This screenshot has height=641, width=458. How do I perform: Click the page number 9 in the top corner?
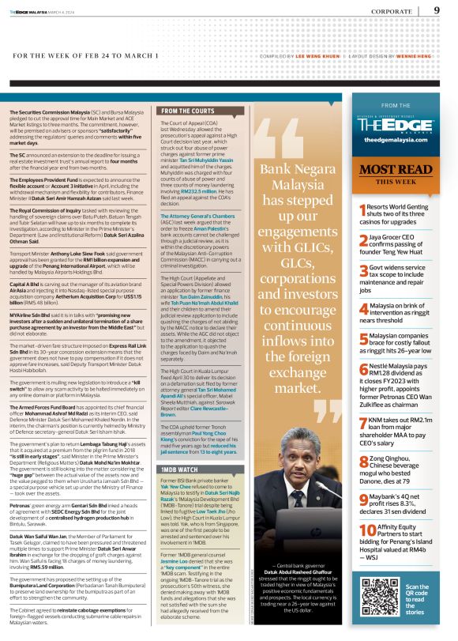tap(437, 10)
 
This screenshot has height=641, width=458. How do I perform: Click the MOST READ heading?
tap(394, 170)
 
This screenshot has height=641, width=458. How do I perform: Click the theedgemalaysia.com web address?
tap(394, 139)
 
